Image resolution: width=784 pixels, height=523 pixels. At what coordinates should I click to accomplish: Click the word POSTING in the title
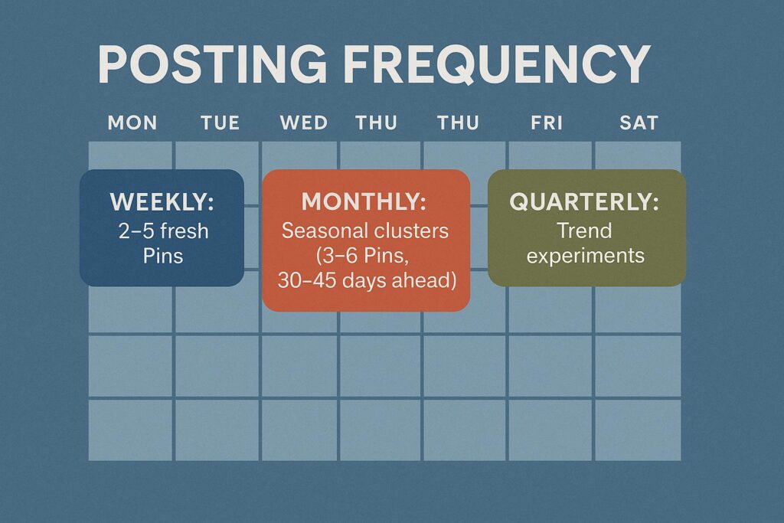tap(213, 64)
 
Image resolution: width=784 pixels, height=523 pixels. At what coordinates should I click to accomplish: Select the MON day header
tap(132, 123)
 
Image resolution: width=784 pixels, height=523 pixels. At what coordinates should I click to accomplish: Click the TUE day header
tap(220, 123)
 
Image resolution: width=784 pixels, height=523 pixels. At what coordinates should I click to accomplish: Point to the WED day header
tap(303, 123)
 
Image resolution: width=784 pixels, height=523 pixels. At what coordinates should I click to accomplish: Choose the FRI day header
tap(547, 123)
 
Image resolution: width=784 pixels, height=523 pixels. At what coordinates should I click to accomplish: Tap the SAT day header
tap(639, 123)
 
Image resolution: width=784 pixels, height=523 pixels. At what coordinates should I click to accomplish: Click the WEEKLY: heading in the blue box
tap(162, 202)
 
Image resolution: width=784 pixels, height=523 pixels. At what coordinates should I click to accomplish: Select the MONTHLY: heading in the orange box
tap(364, 201)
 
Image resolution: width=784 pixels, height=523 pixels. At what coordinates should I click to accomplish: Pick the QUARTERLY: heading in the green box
tap(584, 201)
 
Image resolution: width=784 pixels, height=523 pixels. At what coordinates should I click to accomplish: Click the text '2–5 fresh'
tap(164, 231)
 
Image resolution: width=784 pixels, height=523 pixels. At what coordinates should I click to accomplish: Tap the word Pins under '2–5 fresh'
tap(163, 256)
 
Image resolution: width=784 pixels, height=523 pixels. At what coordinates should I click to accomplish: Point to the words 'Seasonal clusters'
tap(365, 230)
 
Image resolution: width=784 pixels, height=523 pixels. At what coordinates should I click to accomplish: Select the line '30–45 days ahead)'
tap(367, 280)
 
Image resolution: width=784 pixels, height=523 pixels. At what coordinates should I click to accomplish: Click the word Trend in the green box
tap(584, 230)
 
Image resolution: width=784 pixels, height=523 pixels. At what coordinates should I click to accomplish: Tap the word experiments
tap(586, 256)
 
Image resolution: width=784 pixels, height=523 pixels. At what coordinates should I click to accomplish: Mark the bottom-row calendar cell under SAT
tap(638, 430)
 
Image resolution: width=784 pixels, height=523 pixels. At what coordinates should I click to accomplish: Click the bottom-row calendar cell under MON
tap(130, 430)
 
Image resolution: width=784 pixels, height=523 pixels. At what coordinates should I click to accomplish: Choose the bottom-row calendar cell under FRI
tap(550, 430)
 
